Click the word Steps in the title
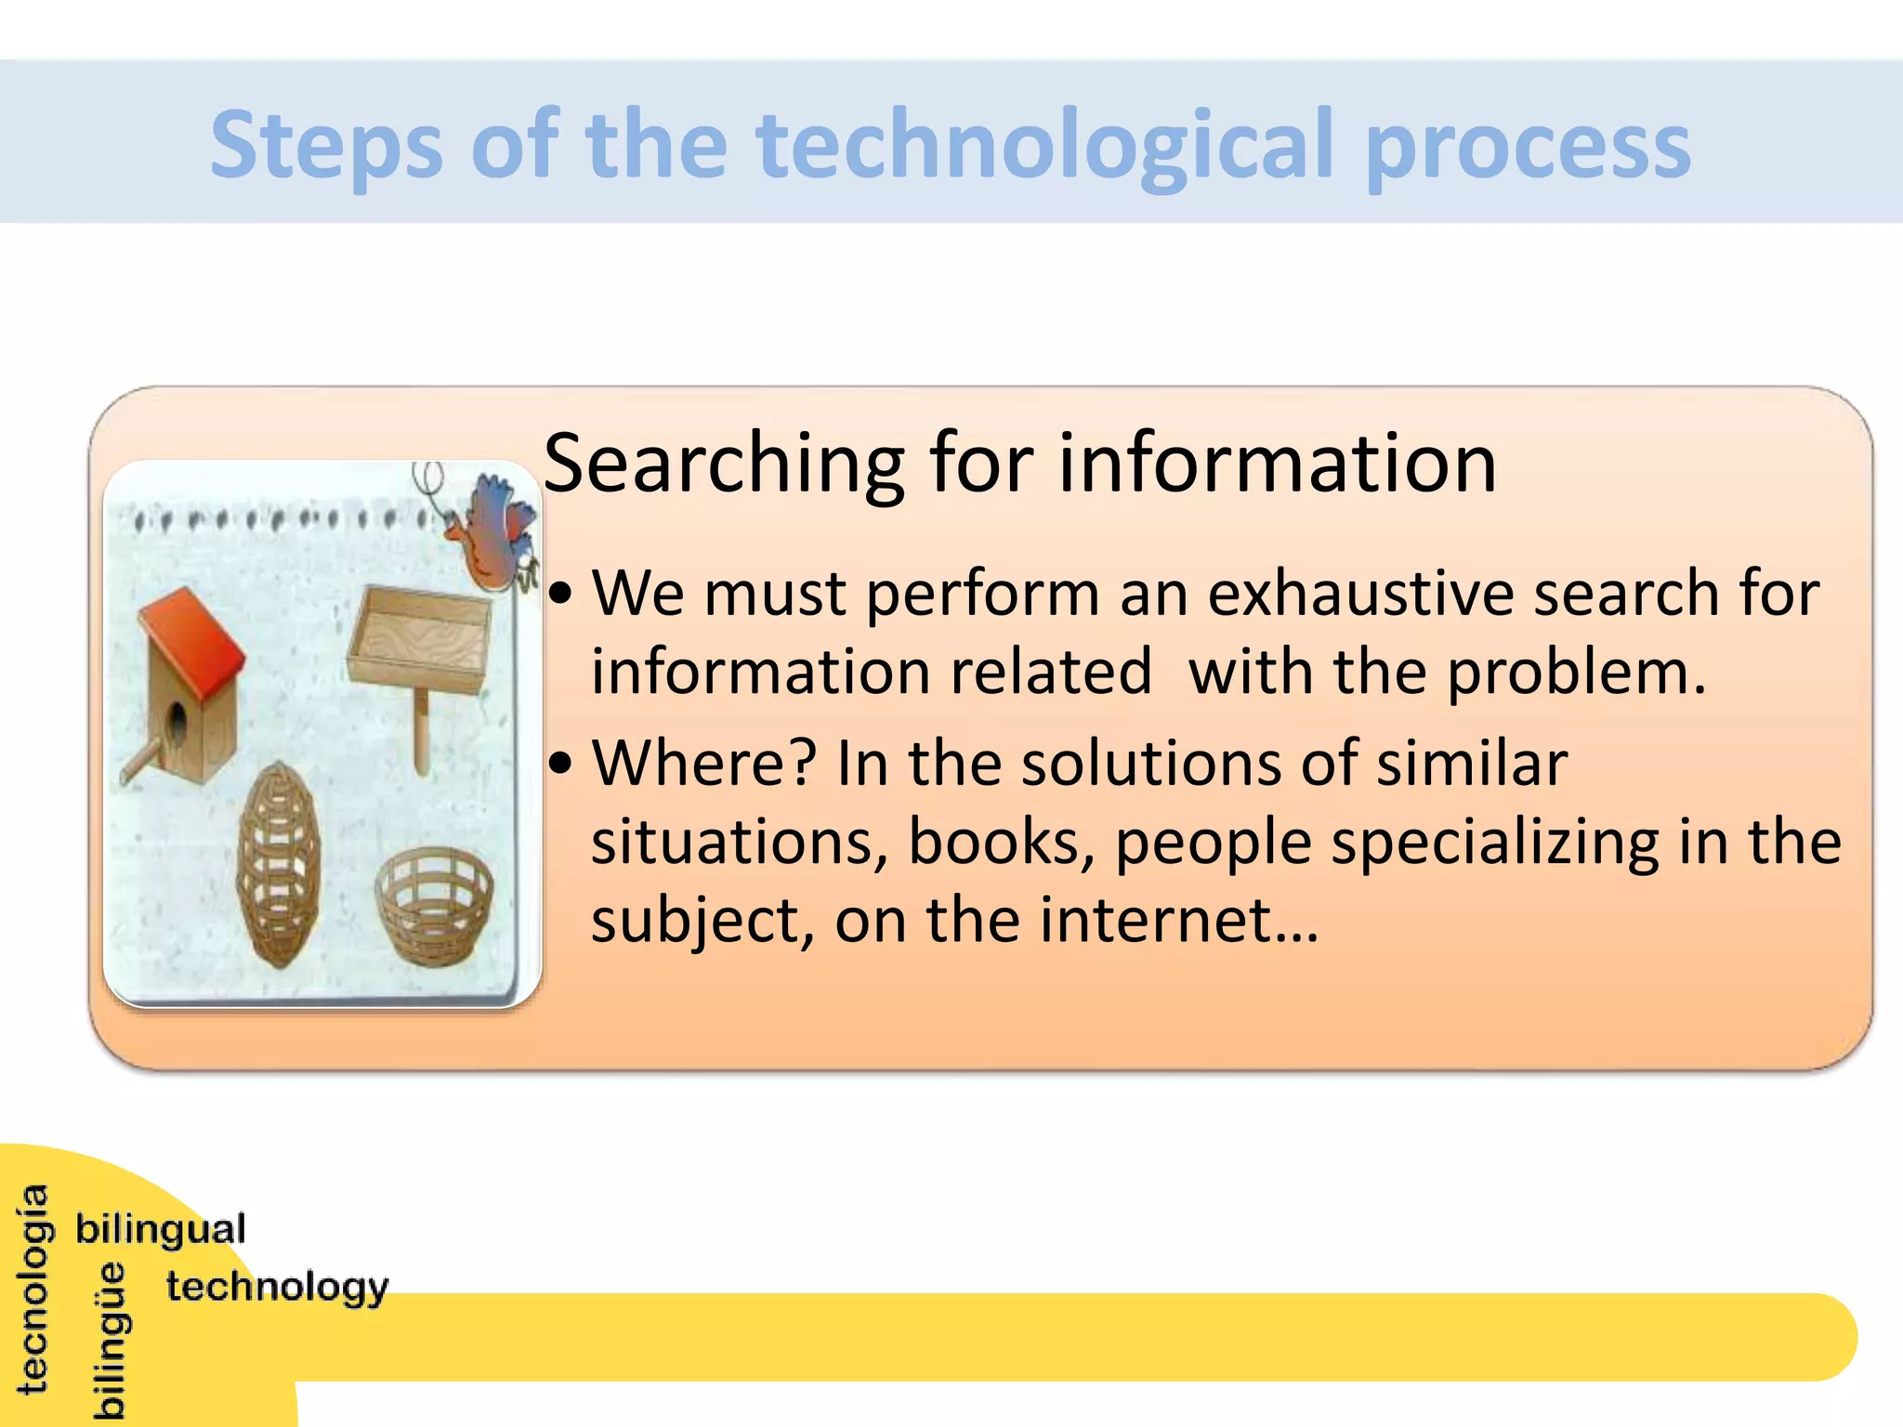click(325, 146)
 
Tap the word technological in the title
click(1045, 146)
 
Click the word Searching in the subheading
click(723, 465)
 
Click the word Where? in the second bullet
click(703, 764)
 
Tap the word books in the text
click(999, 843)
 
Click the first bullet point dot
click(560, 595)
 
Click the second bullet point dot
click(560, 765)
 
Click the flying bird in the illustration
click(495, 534)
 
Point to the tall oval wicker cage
click(279, 864)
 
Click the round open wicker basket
click(434, 906)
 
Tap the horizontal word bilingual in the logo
click(161, 1230)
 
